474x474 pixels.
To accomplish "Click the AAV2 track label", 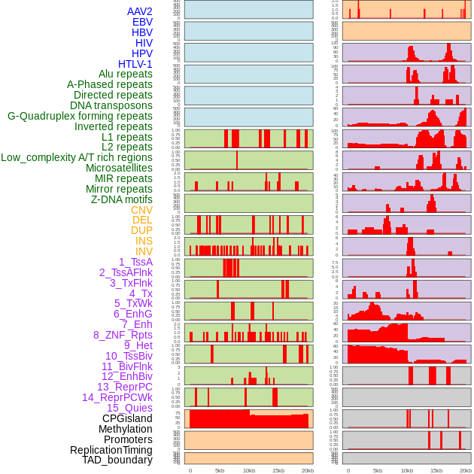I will click(140, 12).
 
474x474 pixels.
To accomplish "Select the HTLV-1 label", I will click(135, 64).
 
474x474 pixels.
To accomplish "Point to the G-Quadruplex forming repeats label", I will click(80, 116).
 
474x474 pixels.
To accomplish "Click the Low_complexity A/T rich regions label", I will click(77, 157).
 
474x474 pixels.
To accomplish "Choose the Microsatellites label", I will click(119, 168).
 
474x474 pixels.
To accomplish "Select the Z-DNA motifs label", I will click(122, 199).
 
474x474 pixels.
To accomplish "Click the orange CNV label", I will click(141, 210).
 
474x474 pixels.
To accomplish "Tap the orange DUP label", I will click(141, 230).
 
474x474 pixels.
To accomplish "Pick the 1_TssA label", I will click(135, 262).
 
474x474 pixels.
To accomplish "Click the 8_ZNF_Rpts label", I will click(123, 335).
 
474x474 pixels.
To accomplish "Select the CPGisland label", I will click(127, 418).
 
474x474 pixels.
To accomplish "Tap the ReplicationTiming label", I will click(111, 450).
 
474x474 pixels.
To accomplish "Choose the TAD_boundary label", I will click(117, 460).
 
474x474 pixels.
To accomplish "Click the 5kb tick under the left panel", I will click(220, 470).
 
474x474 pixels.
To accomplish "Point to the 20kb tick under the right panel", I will click(466, 470).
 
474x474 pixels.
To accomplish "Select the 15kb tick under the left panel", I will click(278, 470).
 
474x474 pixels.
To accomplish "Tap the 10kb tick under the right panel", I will click(407, 470).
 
